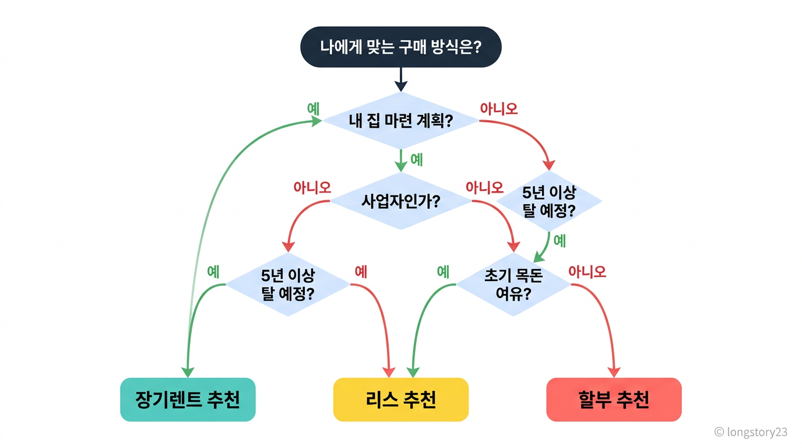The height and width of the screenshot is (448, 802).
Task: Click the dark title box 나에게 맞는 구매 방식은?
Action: click(x=400, y=47)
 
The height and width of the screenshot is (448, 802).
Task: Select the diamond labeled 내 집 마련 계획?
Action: click(x=400, y=121)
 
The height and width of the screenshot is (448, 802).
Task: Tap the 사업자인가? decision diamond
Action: click(x=400, y=201)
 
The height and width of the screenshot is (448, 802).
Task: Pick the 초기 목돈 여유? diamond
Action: click(x=513, y=284)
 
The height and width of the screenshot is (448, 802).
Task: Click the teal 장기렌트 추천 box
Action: click(x=188, y=400)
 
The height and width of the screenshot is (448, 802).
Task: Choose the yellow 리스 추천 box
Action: click(x=400, y=400)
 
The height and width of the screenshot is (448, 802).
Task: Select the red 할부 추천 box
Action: click(x=614, y=400)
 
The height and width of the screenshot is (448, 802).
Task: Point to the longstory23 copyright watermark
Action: click(x=751, y=432)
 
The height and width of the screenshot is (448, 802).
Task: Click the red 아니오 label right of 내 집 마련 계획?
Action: click(x=498, y=108)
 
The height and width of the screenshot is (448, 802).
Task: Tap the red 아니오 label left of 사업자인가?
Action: click(x=312, y=187)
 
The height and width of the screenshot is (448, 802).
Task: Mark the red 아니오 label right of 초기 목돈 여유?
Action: click(x=587, y=271)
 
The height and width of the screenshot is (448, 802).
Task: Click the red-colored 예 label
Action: click(x=361, y=271)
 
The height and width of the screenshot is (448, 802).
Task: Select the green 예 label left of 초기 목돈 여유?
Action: click(x=443, y=271)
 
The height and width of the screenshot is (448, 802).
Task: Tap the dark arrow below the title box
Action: click(x=400, y=79)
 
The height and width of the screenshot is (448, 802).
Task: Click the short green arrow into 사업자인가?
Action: click(x=400, y=160)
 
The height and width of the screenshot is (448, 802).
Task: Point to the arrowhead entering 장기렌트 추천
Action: click(x=187, y=372)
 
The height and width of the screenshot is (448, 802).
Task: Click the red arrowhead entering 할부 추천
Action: click(x=614, y=372)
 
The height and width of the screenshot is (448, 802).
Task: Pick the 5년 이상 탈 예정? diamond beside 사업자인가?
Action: click(x=548, y=201)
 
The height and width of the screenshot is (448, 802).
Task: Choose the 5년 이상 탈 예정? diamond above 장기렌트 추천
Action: click(x=288, y=284)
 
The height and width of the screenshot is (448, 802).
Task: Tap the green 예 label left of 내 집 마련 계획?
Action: click(x=313, y=108)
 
